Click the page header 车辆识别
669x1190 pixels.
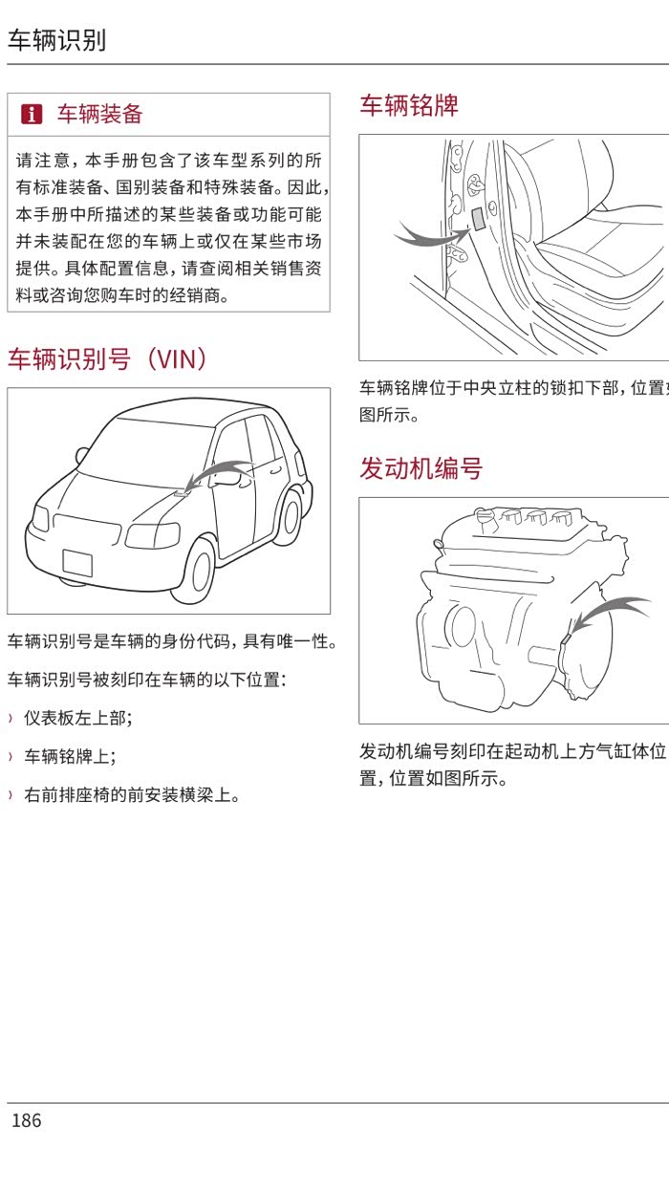coord(56,40)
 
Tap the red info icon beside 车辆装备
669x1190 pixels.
coord(32,115)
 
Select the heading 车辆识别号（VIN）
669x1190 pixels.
coord(107,359)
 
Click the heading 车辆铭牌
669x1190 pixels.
coord(408,105)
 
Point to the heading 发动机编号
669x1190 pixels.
coord(421,468)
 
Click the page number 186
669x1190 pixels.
coord(27,1120)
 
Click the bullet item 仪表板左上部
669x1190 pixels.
coord(78,719)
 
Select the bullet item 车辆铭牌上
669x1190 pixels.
coord(70,757)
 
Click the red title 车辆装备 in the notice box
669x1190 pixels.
coord(99,115)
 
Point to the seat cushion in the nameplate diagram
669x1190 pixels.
coord(593,258)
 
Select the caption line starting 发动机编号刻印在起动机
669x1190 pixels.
coord(512,751)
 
